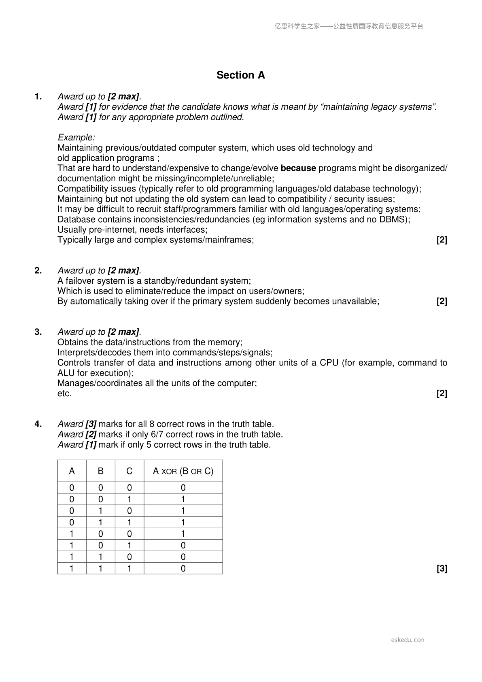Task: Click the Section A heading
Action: point(240,75)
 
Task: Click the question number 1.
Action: point(38,97)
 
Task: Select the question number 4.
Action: point(38,424)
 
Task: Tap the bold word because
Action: point(298,168)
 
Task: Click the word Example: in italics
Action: point(76,138)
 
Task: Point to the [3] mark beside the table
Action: point(442,569)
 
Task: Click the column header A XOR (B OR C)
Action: point(183,471)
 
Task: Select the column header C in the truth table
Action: point(129,471)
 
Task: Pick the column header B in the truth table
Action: point(100,471)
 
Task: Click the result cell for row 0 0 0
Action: point(183,488)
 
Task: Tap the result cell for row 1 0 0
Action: point(183,534)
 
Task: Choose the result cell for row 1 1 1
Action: point(183,569)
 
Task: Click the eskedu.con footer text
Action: point(408,640)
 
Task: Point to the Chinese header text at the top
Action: point(349,26)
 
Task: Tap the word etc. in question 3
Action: point(64,394)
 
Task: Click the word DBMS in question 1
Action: point(393,219)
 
